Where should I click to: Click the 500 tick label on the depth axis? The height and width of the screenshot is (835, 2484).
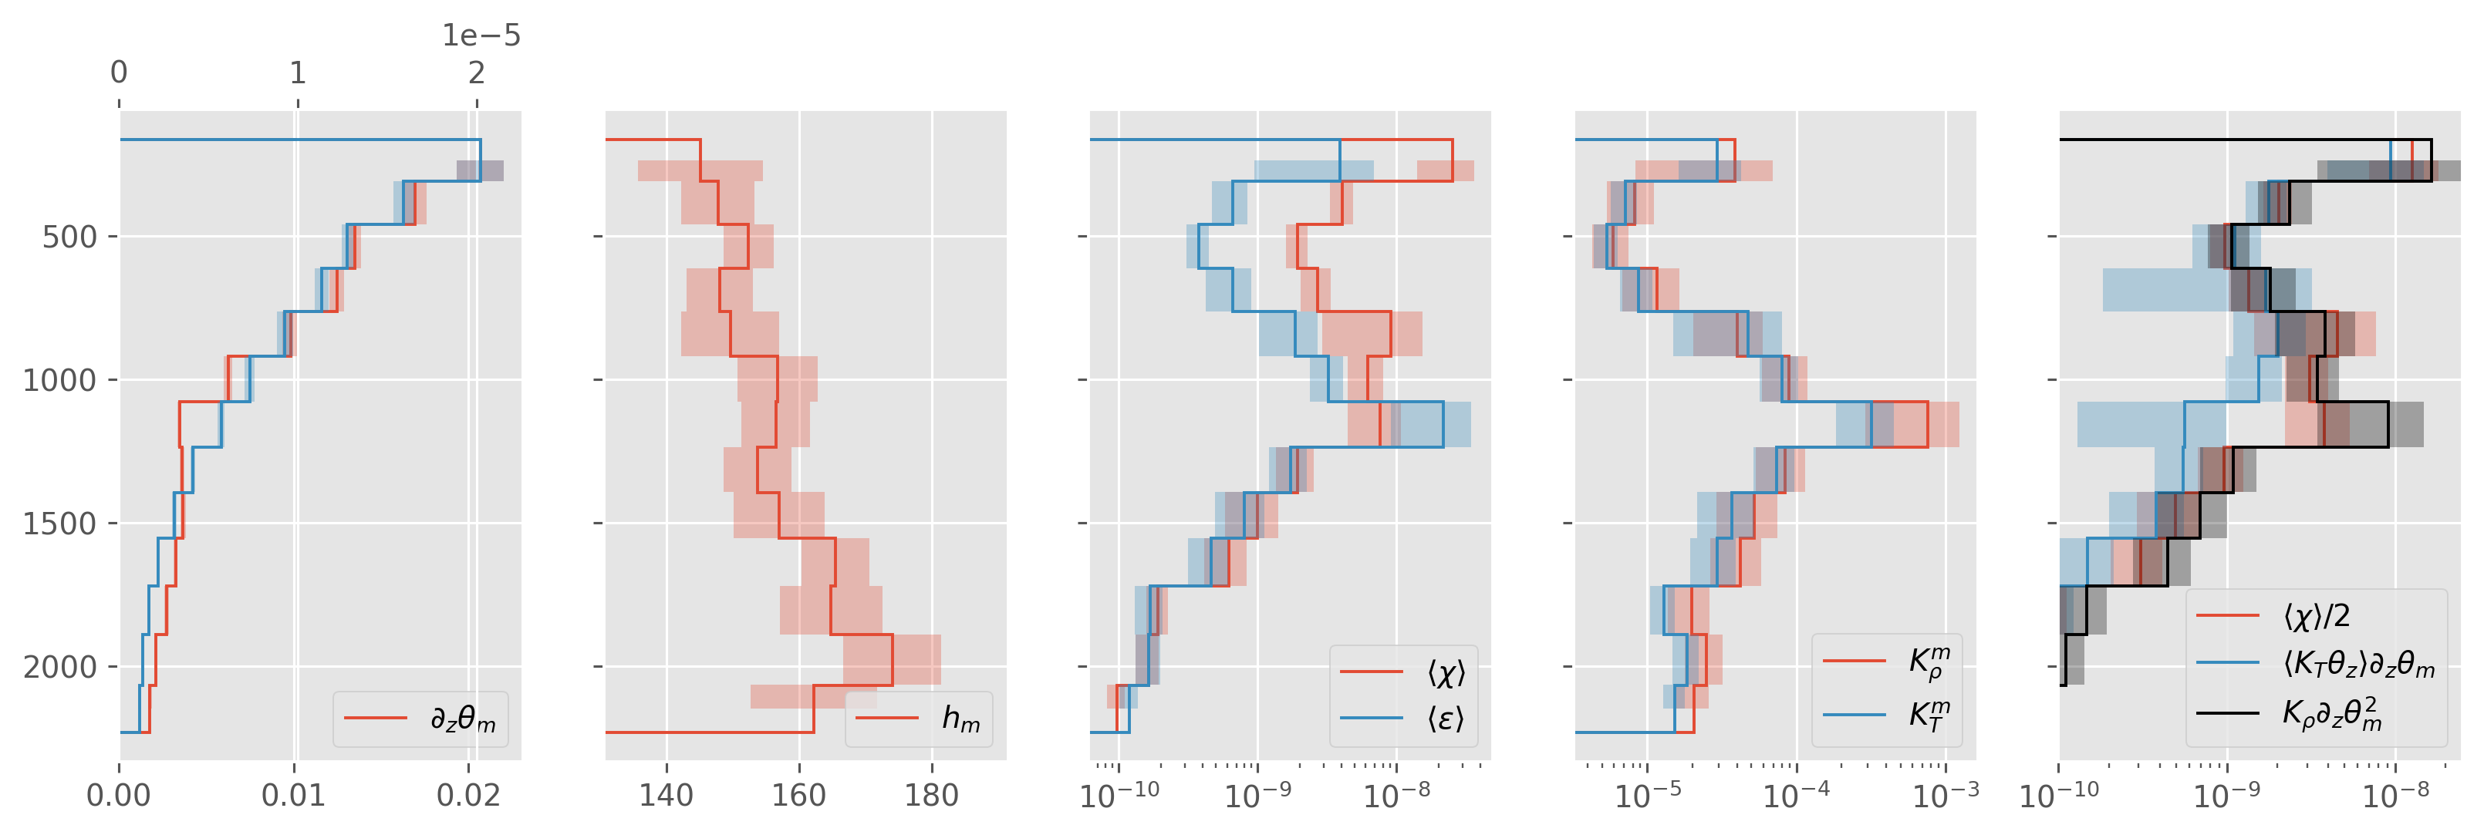point(69,237)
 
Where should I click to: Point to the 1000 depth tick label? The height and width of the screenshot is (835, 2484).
point(60,381)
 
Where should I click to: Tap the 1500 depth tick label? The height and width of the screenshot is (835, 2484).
point(60,524)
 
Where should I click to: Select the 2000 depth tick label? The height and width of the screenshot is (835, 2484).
point(60,667)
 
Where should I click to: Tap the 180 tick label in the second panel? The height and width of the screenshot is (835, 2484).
point(932,796)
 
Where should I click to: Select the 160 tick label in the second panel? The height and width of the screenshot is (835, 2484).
point(798,796)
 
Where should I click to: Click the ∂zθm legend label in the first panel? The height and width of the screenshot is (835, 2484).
point(463,719)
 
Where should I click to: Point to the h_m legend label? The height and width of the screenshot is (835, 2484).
point(960,719)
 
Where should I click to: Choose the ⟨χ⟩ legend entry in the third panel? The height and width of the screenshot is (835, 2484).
point(1446,672)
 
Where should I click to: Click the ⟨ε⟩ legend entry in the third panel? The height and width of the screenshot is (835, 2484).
point(1446,719)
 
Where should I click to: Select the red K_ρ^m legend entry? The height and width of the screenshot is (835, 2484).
point(1929,662)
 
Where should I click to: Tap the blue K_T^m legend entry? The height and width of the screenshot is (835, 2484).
point(1929,715)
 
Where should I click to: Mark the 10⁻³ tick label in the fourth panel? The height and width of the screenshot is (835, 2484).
point(1945,793)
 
